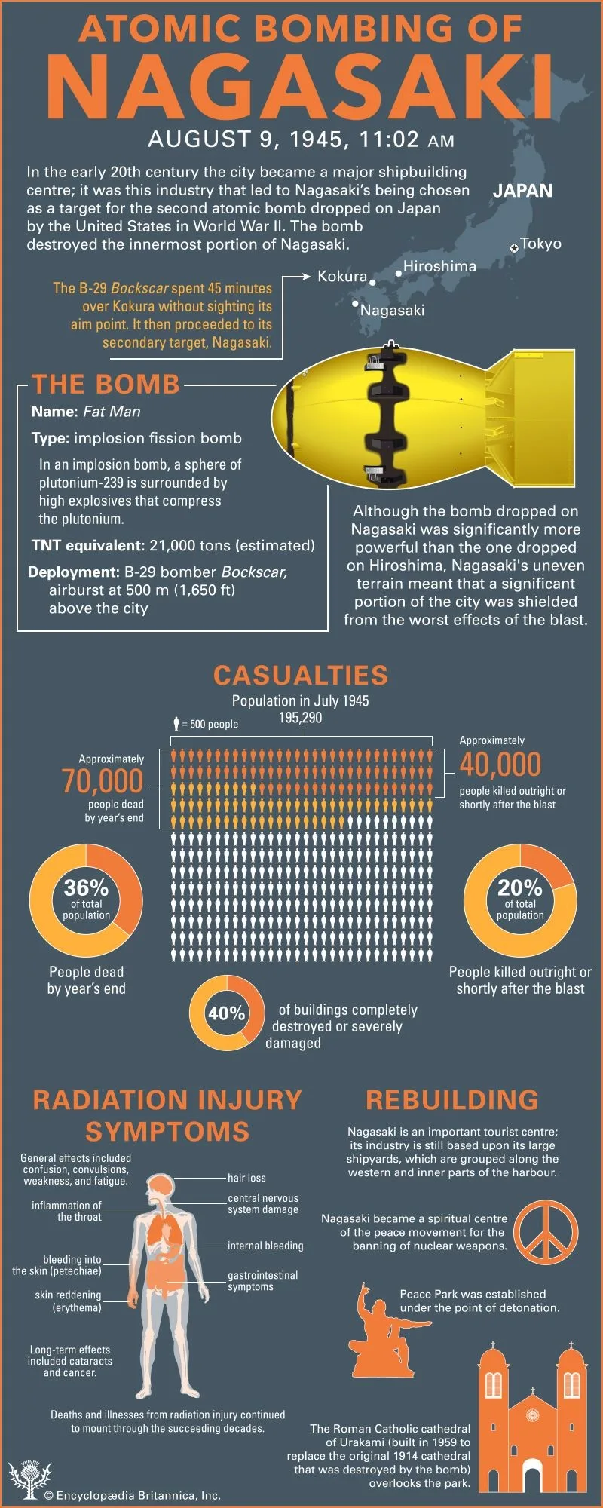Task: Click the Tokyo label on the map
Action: (x=540, y=244)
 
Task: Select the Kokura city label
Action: (x=341, y=276)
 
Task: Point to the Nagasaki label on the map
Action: (x=392, y=310)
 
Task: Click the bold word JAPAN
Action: (x=522, y=192)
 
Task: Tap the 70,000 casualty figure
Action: (x=103, y=781)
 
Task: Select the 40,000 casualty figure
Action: (x=500, y=765)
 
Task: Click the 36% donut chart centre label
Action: (x=86, y=888)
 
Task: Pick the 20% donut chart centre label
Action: (x=520, y=888)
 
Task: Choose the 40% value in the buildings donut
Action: (x=226, y=1013)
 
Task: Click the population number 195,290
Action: (x=300, y=717)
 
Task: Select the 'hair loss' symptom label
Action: (x=246, y=1178)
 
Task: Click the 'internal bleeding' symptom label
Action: (x=265, y=1246)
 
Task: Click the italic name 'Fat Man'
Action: (x=112, y=412)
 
